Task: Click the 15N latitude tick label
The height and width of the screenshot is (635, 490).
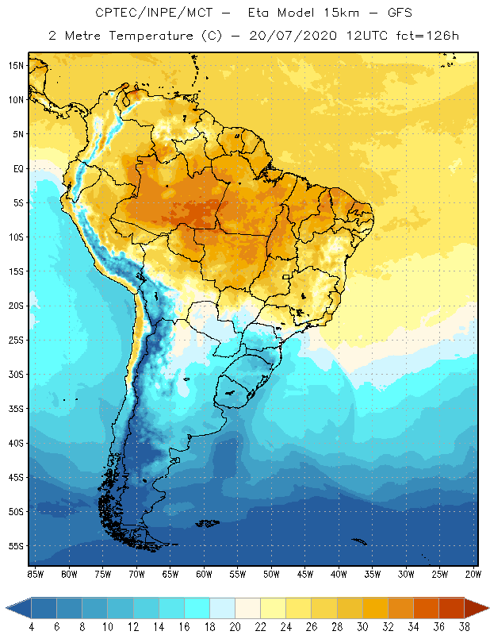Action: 15,65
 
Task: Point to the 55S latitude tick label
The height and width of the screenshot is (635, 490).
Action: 15,546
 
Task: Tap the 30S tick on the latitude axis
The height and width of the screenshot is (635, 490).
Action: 15,374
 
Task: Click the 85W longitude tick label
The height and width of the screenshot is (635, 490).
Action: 35,574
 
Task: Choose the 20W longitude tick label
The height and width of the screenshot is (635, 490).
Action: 473,574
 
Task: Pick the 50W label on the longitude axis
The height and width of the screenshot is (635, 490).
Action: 271,574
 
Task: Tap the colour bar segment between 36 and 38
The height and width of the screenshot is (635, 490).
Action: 451,607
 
